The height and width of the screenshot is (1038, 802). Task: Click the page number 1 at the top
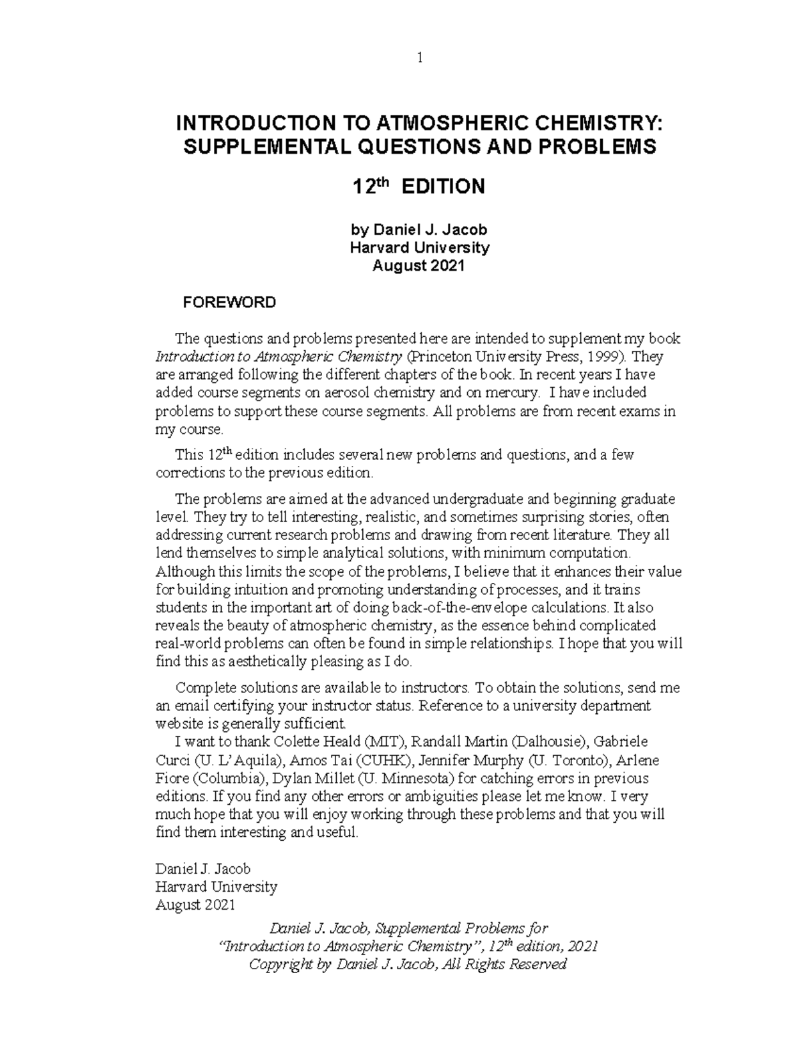coord(420,58)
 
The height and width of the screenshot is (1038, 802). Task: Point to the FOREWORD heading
coord(229,303)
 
